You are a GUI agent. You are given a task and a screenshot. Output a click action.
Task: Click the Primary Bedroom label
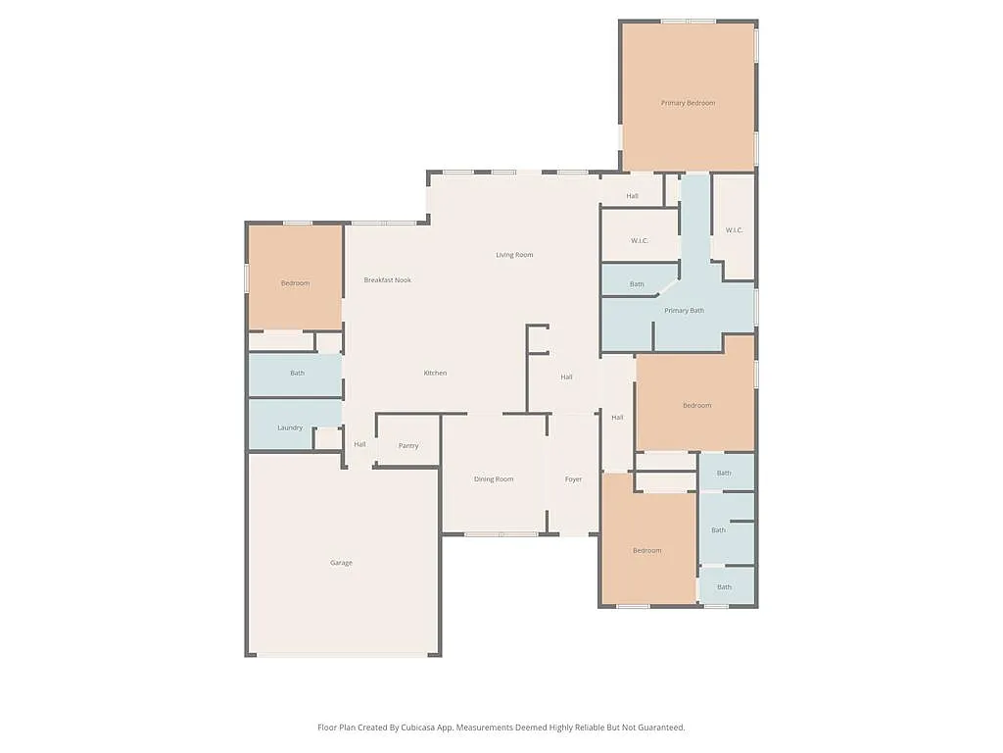pyautogui.click(x=688, y=103)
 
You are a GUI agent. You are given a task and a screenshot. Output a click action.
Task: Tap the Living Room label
pyautogui.click(x=514, y=255)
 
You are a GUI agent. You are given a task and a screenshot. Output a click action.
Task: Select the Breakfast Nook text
pyautogui.click(x=388, y=280)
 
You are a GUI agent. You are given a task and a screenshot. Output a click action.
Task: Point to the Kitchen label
pyautogui.click(x=435, y=373)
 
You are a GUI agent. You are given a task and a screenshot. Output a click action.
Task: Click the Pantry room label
pyautogui.click(x=408, y=446)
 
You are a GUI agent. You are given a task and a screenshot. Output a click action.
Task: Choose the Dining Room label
pyautogui.click(x=494, y=479)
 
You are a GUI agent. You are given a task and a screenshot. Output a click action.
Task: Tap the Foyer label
pyautogui.click(x=573, y=479)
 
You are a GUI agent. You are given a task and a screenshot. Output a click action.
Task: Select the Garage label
pyautogui.click(x=341, y=563)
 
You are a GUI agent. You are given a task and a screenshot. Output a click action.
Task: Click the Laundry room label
pyautogui.click(x=290, y=427)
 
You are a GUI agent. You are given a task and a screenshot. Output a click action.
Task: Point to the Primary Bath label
pyautogui.click(x=684, y=311)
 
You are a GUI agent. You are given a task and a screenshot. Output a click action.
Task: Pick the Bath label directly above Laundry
pyautogui.click(x=297, y=373)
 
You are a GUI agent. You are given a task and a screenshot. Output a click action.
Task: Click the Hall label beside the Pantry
pyautogui.click(x=359, y=445)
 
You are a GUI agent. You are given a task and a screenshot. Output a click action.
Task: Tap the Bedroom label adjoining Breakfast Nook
pyautogui.click(x=295, y=283)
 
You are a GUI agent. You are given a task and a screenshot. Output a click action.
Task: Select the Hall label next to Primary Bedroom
pyautogui.click(x=632, y=196)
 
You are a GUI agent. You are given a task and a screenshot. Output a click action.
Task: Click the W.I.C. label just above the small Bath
pyautogui.click(x=640, y=240)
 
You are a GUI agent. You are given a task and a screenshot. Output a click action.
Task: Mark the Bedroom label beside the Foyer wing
pyautogui.click(x=646, y=551)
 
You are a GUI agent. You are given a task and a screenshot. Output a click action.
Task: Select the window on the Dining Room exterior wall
pyautogui.click(x=501, y=534)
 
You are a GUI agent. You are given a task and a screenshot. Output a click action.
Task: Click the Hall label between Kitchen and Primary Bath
pyautogui.click(x=566, y=377)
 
